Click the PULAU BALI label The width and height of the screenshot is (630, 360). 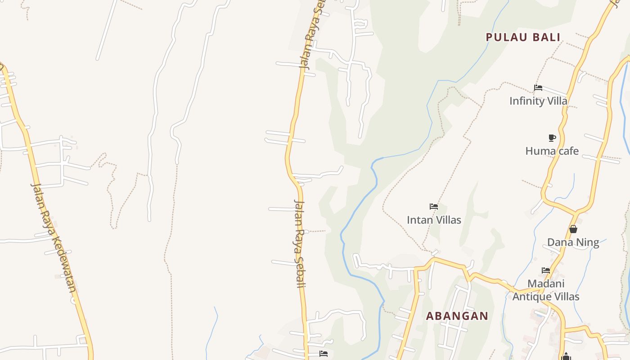pos(523,37)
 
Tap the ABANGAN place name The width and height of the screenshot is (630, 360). pos(457,316)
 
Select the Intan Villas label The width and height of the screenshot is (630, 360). pos(434,220)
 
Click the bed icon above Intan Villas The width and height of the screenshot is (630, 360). pos(434,207)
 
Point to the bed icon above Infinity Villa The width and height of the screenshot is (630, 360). pos(538,88)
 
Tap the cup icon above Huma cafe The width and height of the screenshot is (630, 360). pos(552,138)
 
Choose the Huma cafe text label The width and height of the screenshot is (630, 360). pos(552,151)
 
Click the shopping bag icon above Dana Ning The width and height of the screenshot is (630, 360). pos(573,229)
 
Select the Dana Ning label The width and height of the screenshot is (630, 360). pos(573,243)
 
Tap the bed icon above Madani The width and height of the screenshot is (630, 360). pos(546,270)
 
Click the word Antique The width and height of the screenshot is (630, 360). pos(531,297)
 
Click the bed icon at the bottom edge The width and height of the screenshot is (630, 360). pos(323,354)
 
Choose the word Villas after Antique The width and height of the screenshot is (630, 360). pos(565,297)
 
